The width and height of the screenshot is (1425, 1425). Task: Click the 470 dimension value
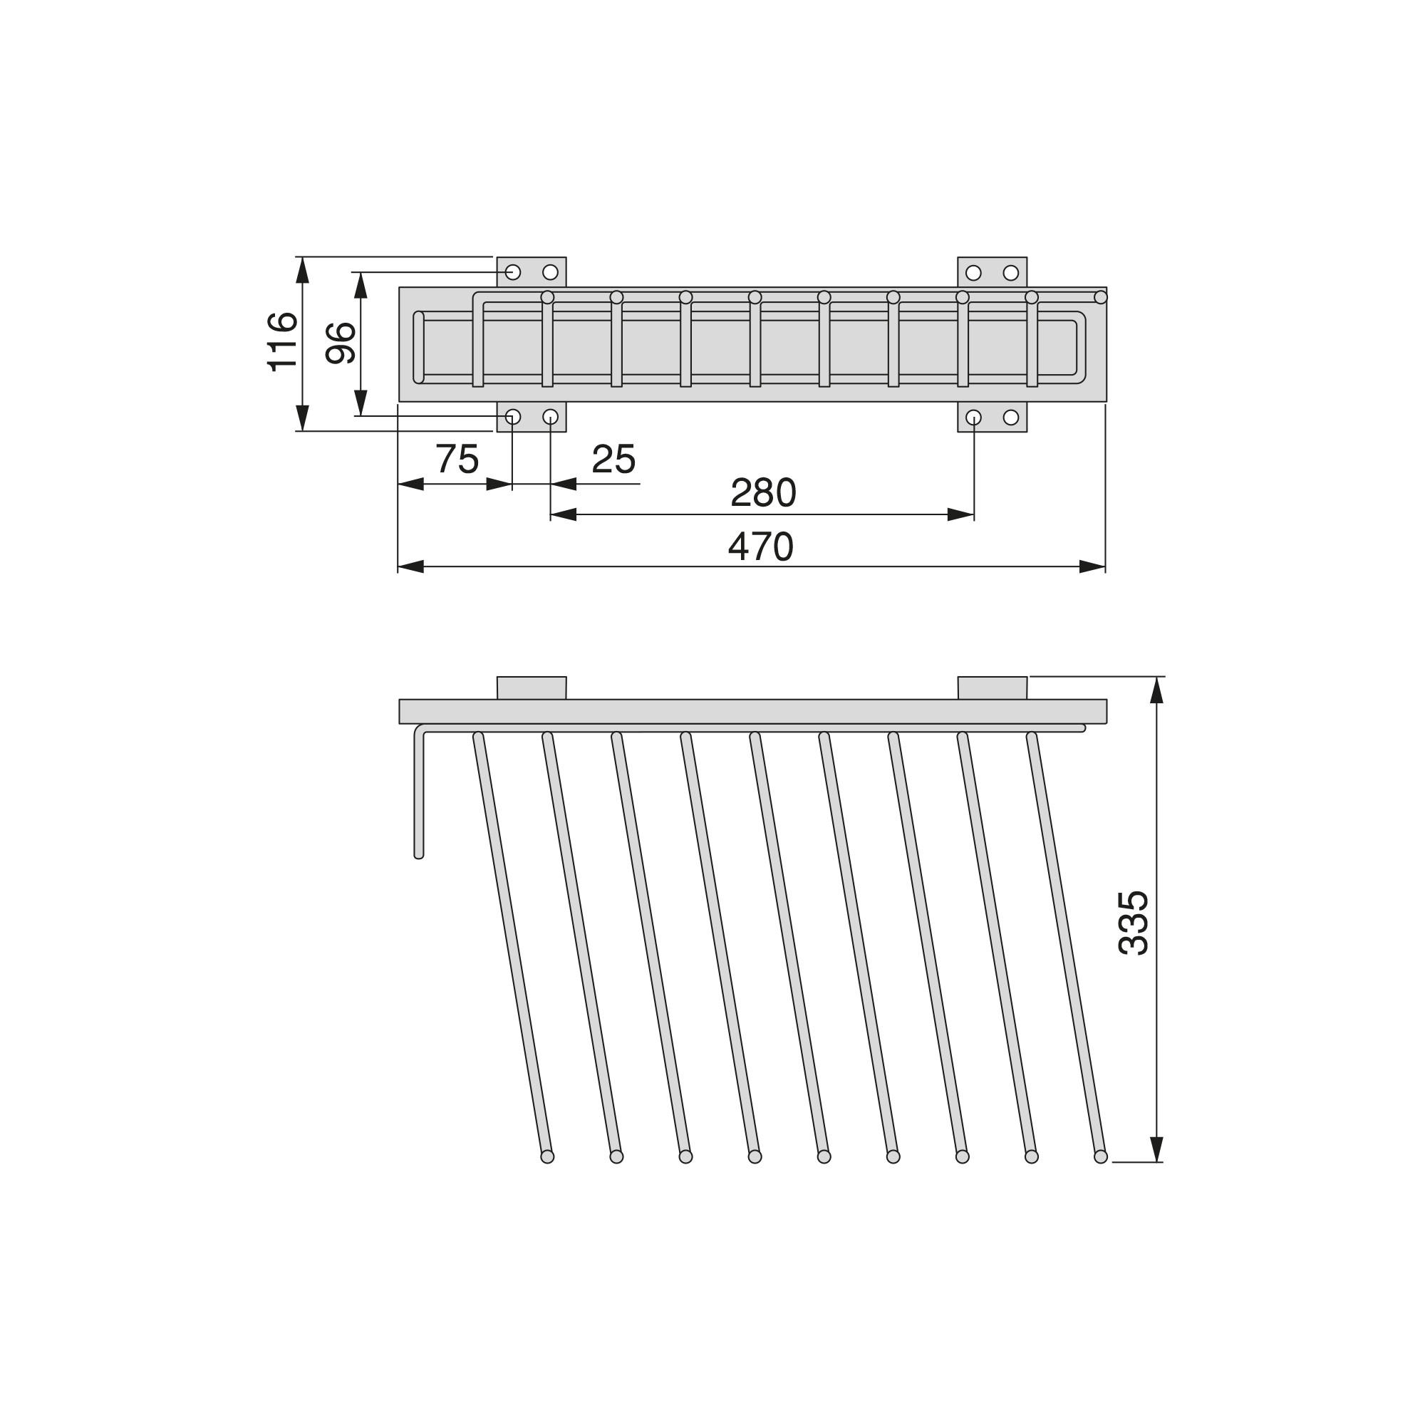[760, 547]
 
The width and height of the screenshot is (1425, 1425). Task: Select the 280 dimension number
[763, 493]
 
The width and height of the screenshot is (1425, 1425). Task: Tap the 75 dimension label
[457, 460]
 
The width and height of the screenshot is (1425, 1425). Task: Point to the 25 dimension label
[613, 460]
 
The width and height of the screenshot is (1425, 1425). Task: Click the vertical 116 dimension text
[281, 341]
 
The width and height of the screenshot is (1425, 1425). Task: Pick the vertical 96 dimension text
[341, 343]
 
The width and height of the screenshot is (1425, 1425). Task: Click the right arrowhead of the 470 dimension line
[1092, 566]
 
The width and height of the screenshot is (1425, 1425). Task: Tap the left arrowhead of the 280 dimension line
[564, 514]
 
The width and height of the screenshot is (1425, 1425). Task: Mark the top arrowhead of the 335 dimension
[1156, 690]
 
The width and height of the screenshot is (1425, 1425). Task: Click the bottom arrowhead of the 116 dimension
[301, 418]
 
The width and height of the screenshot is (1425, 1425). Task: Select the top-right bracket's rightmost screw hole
[1010, 273]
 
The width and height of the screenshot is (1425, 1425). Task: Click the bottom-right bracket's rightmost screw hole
[1010, 418]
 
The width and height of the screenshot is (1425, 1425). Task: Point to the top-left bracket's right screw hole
[550, 272]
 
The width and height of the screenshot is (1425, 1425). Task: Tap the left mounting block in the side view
[531, 688]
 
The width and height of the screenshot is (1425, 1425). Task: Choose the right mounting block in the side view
[992, 688]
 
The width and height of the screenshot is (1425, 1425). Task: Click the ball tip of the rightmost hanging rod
[1101, 1156]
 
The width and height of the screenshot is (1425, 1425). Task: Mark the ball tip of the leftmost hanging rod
[547, 1156]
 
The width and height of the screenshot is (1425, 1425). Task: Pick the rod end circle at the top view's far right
[1101, 297]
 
